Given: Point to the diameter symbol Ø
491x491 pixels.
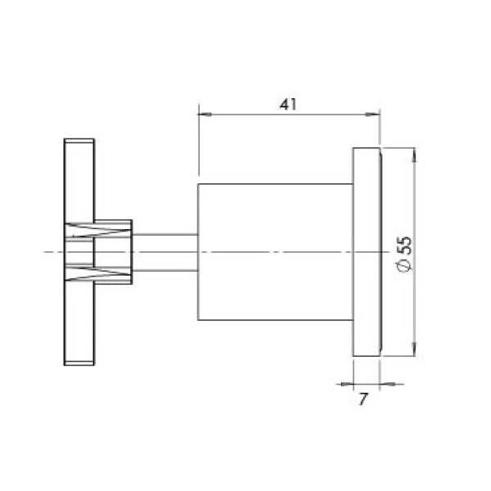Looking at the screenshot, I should pyautogui.click(x=403, y=268).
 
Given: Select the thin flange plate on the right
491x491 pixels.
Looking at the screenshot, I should pyautogui.click(x=360, y=252).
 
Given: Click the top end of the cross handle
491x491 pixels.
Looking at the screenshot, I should pyautogui.click(x=79, y=147).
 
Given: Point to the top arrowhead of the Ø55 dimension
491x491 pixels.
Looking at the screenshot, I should pyautogui.click(x=416, y=153).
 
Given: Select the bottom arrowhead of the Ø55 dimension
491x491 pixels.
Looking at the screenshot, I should pyautogui.click(x=416, y=351).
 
